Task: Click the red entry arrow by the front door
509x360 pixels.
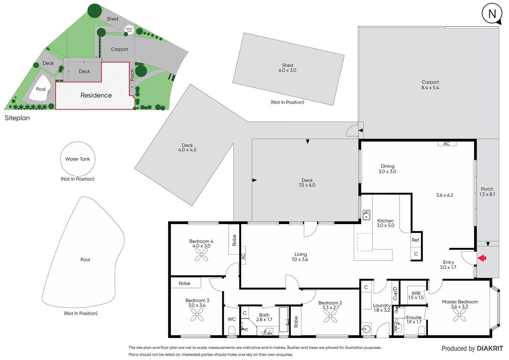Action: click(482, 258)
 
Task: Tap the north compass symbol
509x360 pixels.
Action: click(492, 14)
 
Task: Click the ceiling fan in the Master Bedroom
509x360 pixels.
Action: click(459, 315)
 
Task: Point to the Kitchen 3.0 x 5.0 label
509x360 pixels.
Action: click(385, 223)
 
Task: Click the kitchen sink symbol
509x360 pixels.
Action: click(366, 215)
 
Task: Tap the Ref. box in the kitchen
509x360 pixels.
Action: click(416, 240)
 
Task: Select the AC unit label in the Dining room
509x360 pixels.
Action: click(447, 144)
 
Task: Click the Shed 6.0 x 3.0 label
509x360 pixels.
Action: click(287, 68)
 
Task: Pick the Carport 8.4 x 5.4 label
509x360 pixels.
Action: click(430, 85)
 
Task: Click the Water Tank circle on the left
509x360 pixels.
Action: click(78, 159)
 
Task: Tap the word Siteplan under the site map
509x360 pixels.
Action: click(17, 118)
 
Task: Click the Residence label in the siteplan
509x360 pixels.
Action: click(96, 95)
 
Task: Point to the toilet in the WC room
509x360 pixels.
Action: click(232, 331)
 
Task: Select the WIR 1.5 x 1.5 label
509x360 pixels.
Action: click(416, 295)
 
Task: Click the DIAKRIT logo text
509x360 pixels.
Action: click(490, 348)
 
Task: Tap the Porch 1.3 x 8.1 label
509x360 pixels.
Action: click(487, 191)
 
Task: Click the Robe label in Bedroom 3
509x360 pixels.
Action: click(185, 283)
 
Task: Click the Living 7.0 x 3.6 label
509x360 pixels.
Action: click(300, 257)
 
